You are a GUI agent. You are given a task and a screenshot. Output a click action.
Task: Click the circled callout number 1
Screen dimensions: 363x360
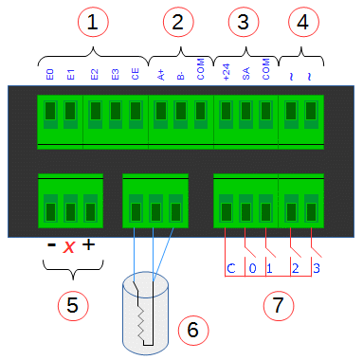tap(93, 22)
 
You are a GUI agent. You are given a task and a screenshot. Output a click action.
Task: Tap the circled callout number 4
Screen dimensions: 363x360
tap(303, 22)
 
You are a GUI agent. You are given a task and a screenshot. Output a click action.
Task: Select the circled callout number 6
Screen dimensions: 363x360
tap(193, 330)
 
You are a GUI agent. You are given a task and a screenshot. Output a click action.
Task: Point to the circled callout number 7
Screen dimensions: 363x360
tap(279, 306)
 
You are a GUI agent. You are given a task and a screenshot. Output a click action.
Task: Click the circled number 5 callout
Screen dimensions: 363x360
tap(73, 306)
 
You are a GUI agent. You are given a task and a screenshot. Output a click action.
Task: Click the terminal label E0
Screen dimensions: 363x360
tap(50, 75)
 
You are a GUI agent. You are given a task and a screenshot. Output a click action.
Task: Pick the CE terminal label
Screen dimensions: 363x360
tap(136, 74)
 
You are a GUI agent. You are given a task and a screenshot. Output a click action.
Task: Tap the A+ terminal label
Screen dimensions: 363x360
tap(161, 75)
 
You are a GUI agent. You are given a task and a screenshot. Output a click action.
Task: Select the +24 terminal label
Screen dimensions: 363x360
tap(227, 72)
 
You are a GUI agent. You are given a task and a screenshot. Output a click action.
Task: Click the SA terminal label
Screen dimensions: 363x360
tap(246, 74)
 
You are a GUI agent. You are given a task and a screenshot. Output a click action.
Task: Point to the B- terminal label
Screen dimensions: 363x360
tap(181, 76)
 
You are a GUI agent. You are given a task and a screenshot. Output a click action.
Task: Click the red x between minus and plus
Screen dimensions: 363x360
tap(69, 246)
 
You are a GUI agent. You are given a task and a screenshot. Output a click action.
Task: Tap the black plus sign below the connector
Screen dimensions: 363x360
tap(89, 244)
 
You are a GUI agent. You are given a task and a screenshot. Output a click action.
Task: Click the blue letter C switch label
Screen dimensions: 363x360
tap(231, 268)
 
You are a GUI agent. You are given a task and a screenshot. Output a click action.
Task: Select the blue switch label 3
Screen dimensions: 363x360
tap(317, 268)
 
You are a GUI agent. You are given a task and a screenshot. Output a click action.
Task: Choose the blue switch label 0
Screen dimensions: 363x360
tap(252, 268)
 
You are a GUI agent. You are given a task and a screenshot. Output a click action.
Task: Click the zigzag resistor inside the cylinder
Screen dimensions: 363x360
tap(140, 323)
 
